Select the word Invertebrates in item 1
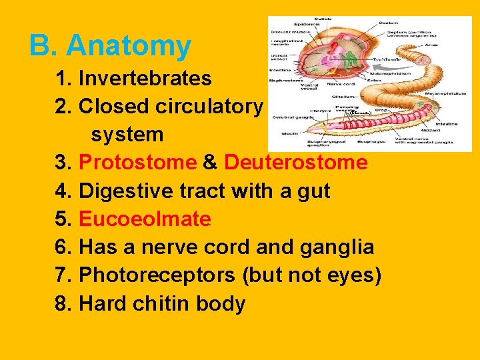pyautogui.click(x=145, y=79)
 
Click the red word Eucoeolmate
pyautogui.click(x=145, y=219)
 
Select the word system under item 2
pyautogui.click(x=127, y=135)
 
